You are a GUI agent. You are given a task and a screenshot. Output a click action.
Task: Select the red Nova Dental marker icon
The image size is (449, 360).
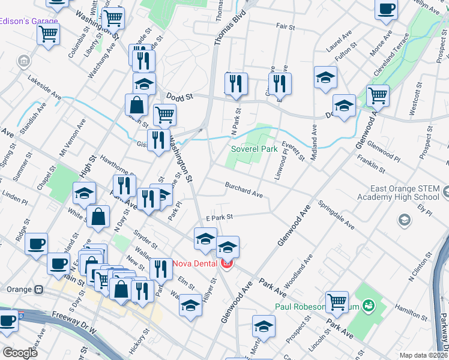click(x=227, y=263)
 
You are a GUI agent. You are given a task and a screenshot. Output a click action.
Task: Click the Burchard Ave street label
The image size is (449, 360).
click(x=244, y=190)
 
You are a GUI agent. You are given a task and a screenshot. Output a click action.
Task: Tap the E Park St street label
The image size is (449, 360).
click(x=219, y=217)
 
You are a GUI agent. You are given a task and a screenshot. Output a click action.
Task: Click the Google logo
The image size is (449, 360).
click(x=20, y=353)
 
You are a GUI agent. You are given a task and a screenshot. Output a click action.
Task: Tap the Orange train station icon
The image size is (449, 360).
click(x=39, y=289)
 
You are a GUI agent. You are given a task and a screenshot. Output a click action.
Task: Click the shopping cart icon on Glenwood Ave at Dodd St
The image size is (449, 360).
click(x=378, y=94)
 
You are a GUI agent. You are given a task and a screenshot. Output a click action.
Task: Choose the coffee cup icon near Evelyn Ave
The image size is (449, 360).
click(x=386, y=9)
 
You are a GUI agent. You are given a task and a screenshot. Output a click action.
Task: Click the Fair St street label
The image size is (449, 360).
click(x=286, y=27)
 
